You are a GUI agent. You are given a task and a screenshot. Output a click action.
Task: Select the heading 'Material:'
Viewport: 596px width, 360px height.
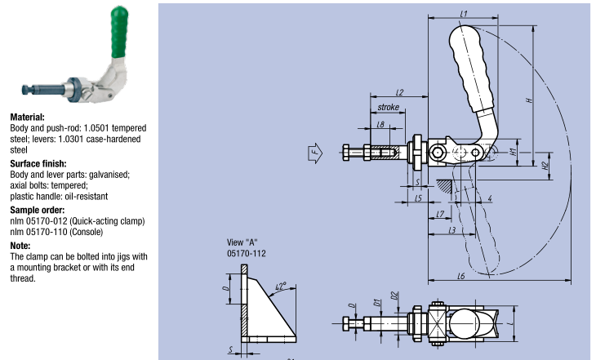point(27,118)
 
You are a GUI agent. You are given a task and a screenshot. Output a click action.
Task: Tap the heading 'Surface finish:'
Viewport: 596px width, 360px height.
point(37,163)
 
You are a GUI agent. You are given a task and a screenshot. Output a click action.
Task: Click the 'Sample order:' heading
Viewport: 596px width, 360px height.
point(36,210)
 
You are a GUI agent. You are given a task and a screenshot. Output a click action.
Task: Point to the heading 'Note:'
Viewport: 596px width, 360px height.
point(20,245)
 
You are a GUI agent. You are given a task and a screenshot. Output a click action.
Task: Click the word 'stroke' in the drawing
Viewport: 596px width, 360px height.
point(389,107)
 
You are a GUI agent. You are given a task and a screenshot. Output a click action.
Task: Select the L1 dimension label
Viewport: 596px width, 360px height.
point(464,14)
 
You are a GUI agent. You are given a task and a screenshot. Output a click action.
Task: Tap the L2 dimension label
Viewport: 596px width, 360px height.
point(399,92)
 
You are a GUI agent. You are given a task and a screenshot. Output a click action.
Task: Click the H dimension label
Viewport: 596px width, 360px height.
point(529,99)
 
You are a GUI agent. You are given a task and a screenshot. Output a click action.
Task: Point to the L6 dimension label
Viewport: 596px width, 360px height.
point(461,277)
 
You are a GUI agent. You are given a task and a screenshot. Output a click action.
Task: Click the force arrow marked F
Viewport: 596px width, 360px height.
point(315,152)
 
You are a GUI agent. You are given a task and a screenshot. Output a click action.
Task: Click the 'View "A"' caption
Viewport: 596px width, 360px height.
point(242,242)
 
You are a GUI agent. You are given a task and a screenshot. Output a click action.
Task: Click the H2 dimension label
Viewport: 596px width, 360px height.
point(545,166)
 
